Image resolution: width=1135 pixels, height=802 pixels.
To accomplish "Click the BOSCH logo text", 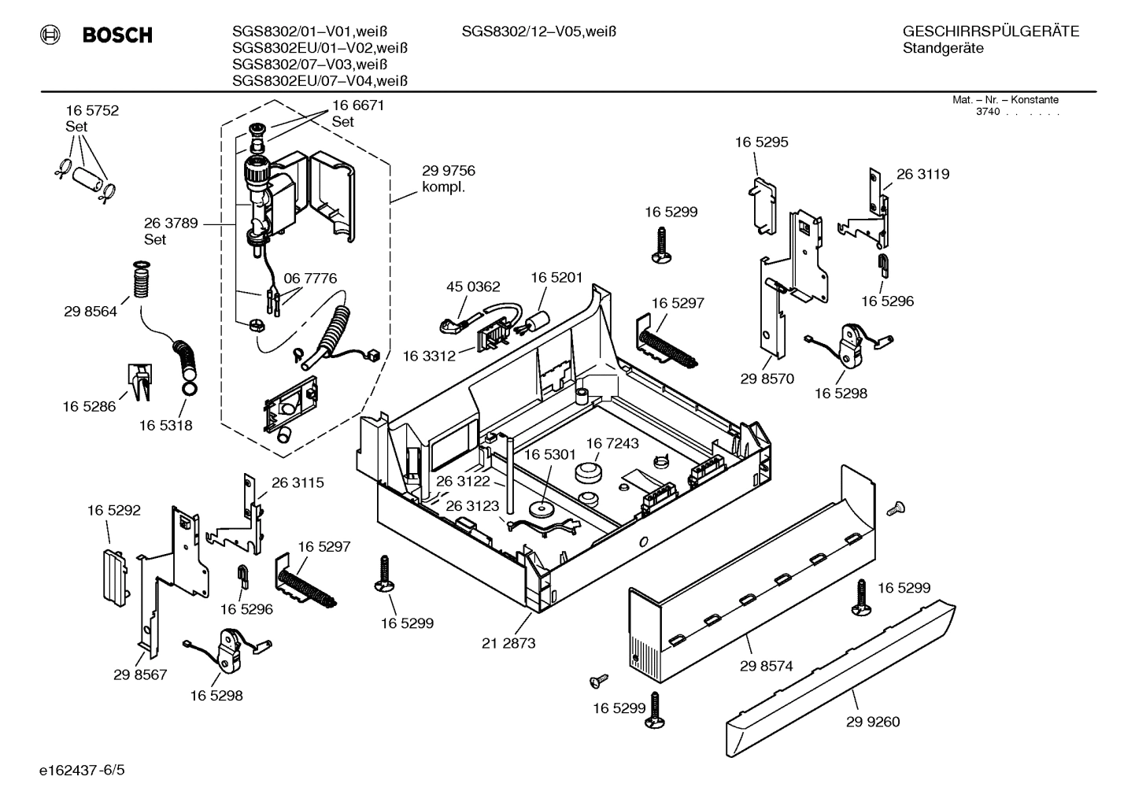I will (116, 35).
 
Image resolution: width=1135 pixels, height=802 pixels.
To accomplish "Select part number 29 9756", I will (448, 171).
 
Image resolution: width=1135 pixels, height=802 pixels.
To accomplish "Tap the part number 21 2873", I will (508, 643).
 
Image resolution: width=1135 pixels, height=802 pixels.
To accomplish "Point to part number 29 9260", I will (873, 722).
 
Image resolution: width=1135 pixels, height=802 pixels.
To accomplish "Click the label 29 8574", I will (766, 666).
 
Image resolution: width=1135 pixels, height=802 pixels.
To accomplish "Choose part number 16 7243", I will (612, 444).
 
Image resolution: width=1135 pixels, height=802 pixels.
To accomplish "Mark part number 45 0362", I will (473, 286).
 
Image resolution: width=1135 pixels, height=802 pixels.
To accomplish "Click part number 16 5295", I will (761, 142).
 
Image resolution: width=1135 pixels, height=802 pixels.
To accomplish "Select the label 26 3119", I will (922, 174).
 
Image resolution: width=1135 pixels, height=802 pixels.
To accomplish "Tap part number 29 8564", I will (91, 312).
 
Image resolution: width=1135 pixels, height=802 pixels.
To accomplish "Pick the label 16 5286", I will (89, 406).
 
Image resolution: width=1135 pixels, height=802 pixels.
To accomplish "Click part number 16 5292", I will (113, 511).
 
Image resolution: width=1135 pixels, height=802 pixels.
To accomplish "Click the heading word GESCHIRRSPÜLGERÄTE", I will (990, 32).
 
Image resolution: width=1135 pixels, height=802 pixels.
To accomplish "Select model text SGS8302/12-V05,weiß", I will (538, 32).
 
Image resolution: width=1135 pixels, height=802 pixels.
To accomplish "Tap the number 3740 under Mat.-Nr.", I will (987, 112).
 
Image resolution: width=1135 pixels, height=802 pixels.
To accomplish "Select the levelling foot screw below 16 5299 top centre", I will (660, 243).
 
